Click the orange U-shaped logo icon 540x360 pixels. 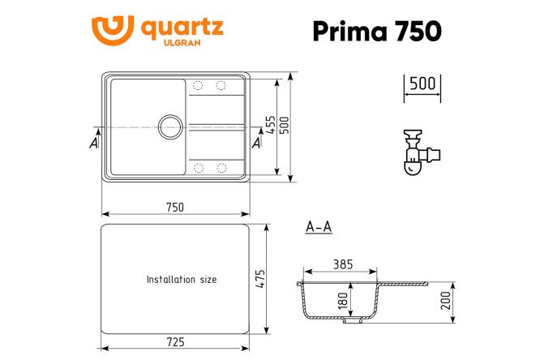(x=111, y=30)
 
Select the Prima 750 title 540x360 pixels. (x=376, y=31)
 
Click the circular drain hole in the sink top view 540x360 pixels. (x=171, y=126)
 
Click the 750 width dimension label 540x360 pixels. (x=174, y=207)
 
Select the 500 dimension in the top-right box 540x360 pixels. (x=422, y=84)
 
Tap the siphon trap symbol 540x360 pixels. (x=420, y=152)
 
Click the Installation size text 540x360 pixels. (x=181, y=279)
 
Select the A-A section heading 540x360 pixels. (x=319, y=227)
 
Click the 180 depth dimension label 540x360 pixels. (x=343, y=300)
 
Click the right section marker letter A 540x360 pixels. (x=256, y=143)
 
